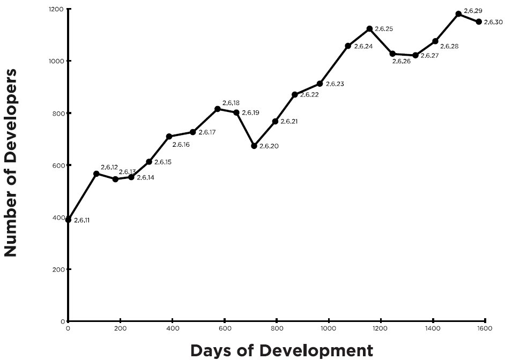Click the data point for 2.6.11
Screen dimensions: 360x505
point(68,220)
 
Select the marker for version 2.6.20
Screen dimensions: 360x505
point(254,146)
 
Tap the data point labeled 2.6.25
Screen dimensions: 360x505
point(369,28)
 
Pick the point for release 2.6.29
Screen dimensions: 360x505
point(458,14)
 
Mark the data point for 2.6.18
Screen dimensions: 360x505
point(218,109)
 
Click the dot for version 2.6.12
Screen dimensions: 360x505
point(96,174)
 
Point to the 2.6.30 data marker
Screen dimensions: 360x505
point(479,21)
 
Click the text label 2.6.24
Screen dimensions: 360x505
point(363,47)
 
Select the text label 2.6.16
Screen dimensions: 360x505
point(181,145)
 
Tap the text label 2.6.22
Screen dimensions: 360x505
point(309,95)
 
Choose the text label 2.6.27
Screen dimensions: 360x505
point(429,56)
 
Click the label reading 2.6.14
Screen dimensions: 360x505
point(145,177)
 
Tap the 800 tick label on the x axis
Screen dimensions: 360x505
point(276,328)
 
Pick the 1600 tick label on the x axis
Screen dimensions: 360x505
point(484,328)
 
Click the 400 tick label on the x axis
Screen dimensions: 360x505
point(172,328)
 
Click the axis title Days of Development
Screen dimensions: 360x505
point(281,351)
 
